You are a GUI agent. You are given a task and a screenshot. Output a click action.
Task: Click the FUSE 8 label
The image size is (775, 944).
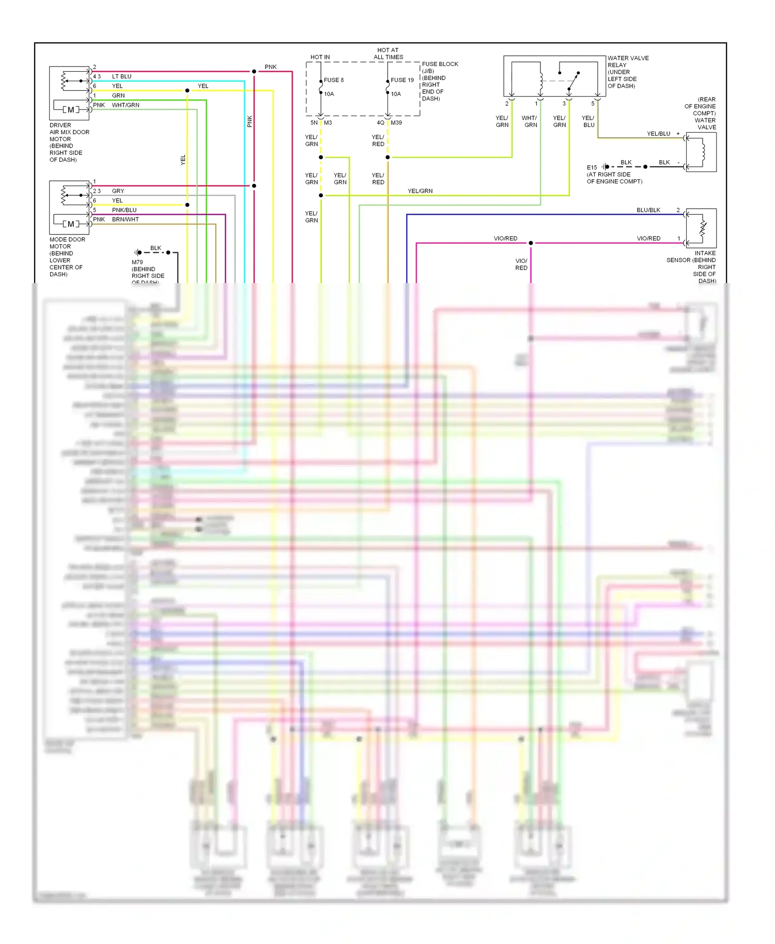333,80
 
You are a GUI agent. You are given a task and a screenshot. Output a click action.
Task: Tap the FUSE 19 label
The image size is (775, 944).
402,80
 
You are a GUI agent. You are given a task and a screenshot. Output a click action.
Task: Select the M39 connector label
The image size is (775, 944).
396,123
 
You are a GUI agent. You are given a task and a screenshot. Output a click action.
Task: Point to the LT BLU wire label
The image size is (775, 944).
121,76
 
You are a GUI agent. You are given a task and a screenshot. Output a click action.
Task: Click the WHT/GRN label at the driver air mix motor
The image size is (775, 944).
126,105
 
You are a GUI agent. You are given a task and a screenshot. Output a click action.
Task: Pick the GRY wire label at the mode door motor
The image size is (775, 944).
118,191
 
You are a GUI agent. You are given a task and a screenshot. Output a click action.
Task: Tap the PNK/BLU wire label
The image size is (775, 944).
124,210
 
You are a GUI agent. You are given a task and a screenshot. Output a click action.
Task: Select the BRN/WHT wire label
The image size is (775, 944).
125,219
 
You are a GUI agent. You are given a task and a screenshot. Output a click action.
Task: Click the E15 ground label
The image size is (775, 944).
592,168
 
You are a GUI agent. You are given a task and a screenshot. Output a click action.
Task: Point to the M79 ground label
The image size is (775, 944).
137,262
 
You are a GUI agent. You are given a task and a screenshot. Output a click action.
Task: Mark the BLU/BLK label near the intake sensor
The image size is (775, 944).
648,210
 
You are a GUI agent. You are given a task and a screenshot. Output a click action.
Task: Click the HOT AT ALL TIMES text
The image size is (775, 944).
388,54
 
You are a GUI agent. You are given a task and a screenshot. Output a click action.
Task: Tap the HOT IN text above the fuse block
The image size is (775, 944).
320,57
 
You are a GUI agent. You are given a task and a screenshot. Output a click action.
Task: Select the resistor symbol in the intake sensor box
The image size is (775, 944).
703,228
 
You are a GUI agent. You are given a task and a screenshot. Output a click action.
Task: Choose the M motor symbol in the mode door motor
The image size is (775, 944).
71,224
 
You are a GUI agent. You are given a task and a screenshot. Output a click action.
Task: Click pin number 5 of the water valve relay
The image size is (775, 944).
593,104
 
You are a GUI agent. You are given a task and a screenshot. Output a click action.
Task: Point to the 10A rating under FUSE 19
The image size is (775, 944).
396,94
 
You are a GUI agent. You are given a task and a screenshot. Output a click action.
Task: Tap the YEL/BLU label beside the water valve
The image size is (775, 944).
658,134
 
